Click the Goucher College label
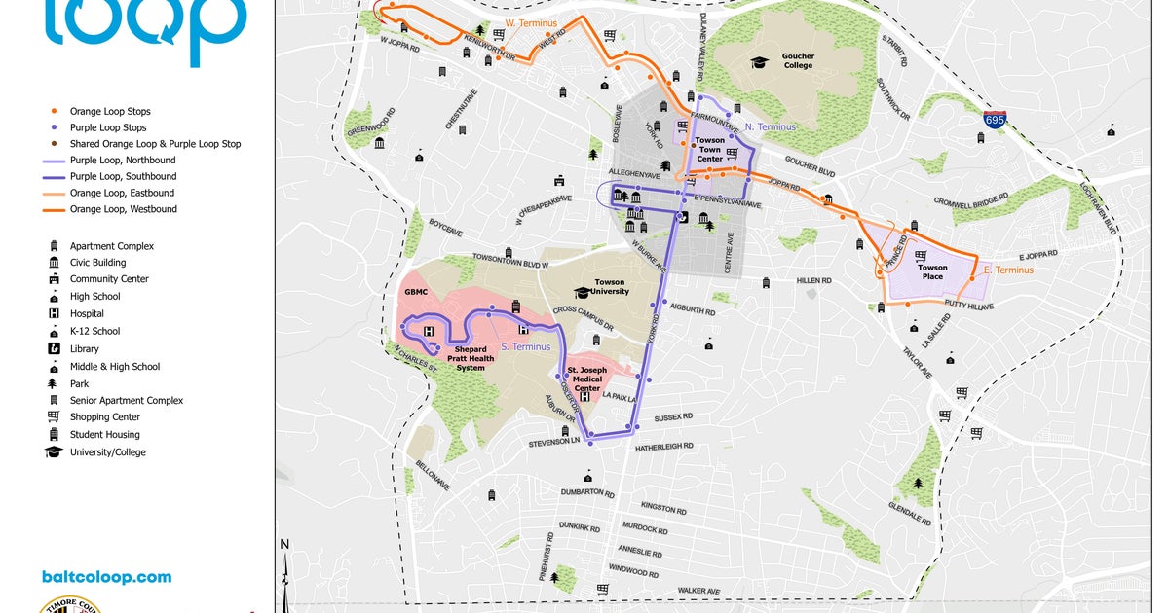[798, 60]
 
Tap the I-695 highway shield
[995, 121]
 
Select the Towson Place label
[932, 272]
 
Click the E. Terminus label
[1008, 270]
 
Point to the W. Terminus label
[529, 21]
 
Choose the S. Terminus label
[525, 347]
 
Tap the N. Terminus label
[770, 127]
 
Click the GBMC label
[416, 291]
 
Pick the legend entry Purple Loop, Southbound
[123, 176]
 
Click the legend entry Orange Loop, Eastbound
[123, 193]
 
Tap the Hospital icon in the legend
[54, 313]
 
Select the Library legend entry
[84, 348]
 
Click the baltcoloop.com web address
[106, 577]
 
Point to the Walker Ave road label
[698, 591]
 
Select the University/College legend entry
[107, 452]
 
